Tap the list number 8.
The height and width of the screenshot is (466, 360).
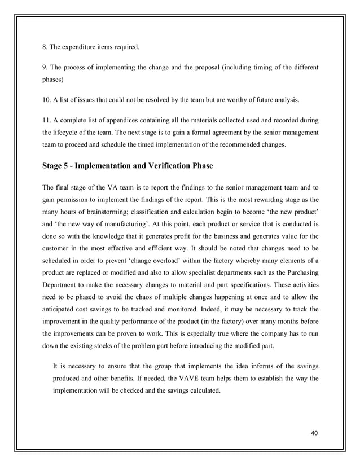(x=46, y=46)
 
